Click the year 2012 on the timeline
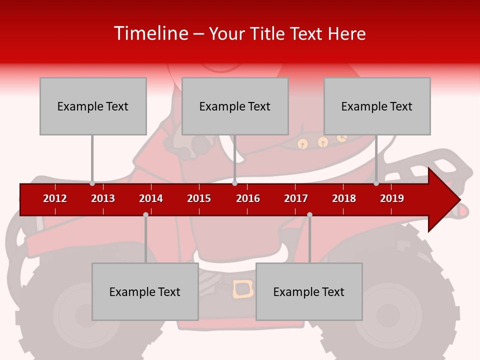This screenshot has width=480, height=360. (x=55, y=198)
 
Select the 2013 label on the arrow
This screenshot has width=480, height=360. (x=103, y=198)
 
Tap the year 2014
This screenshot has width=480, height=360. (x=151, y=198)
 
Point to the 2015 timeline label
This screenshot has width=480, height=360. (x=199, y=198)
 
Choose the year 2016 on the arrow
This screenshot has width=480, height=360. (x=248, y=198)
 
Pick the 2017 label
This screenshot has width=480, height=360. (x=296, y=198)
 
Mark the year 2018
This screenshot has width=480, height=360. (x=344, y=198)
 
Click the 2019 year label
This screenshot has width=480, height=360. (x=392, y=198)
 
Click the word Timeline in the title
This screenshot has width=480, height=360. (x=150, y=33)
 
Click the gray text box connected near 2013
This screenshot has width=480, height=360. (x=93, y=106)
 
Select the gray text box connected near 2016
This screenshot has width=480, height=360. (x=235, y=106)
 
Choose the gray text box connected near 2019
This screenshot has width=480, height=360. (x=377, y=106)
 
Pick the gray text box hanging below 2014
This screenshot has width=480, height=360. (x=145, y=291)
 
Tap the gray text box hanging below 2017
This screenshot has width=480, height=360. (x=309, y=291)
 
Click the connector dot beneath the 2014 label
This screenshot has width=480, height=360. (x=145, y=215)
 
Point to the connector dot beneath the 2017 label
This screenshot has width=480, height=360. (x=309, y=215)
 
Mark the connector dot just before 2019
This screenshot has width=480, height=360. (x=376, y=183)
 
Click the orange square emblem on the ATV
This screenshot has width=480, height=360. (x=243, y=289)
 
